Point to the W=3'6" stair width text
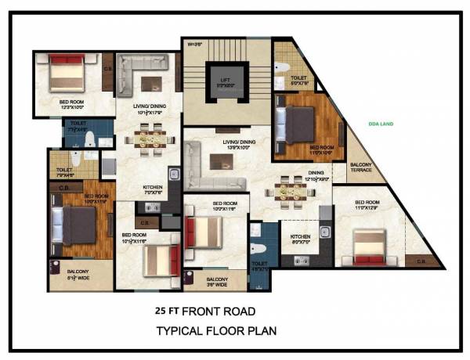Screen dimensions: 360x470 coord(195,45)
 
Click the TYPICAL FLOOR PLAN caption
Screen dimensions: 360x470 coord(215,330)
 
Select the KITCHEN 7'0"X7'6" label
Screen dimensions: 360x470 coord(154,189)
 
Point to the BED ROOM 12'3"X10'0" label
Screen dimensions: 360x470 coord(74,103)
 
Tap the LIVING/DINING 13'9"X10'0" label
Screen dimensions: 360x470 coord(224,143)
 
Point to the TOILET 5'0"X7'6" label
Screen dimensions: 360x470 coord(298,79)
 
